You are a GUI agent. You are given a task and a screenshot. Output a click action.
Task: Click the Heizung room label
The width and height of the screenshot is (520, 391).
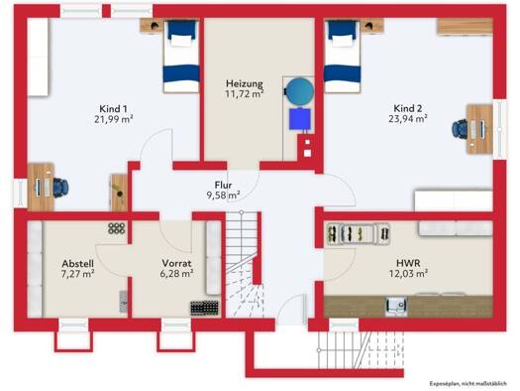coord(245,83)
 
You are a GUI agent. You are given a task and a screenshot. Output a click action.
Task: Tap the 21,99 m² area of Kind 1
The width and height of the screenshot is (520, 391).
coord(114,119)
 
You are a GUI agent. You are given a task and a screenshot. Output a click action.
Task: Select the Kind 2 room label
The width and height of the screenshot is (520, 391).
coord(408,108)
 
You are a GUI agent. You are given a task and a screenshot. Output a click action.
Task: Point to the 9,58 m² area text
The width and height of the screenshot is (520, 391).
coord(224,195)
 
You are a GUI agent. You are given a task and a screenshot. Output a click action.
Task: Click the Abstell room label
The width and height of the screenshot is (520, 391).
coord(78,264)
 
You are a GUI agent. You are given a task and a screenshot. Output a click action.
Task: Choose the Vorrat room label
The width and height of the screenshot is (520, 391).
coord(176,263)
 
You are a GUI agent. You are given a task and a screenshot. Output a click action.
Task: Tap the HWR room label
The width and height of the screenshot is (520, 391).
coord(408,263)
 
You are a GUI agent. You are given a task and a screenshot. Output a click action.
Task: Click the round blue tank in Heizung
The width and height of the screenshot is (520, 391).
coord(299,91)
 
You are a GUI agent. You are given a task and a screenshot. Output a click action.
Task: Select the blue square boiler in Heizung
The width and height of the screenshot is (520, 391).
coord(300,119)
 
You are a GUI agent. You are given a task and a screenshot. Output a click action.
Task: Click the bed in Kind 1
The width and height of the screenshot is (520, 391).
coord(181,57)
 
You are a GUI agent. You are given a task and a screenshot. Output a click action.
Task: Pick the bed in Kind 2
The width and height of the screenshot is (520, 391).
coord(343,57)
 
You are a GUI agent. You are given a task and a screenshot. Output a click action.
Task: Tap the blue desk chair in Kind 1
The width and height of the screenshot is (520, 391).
coord(60,188)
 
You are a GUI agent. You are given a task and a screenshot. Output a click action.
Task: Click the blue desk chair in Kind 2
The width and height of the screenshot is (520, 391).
coord(460,129)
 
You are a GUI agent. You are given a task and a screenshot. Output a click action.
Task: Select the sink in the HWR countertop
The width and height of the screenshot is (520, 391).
coord(396,306)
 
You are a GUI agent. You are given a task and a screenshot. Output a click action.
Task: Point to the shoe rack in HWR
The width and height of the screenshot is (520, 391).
coord(359,234)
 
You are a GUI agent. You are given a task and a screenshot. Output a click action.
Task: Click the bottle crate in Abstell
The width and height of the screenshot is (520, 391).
coord(117,228)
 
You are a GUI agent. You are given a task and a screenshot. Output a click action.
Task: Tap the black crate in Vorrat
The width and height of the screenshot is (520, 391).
coord(205,308)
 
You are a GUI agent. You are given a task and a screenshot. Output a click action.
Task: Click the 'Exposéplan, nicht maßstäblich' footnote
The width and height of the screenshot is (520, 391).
coord(468,384)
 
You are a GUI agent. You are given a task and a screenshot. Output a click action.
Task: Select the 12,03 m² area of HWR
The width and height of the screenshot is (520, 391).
coord(408,273)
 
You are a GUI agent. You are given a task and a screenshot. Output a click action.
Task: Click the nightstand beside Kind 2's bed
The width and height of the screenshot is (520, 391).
coord(372,26)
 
